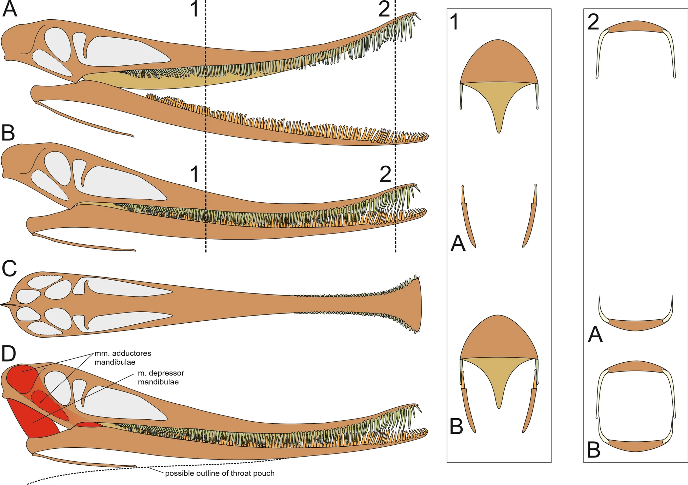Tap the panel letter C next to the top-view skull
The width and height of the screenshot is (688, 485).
pos(9,268)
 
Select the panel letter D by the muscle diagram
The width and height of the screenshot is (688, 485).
pos(9,353)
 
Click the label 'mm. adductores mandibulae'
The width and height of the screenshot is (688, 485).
pos(123,358)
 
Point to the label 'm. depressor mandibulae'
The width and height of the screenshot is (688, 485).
pos(161,377)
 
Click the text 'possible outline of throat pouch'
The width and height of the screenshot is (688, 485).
pos(220,473)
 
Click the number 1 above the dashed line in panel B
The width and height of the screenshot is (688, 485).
pos(194,174)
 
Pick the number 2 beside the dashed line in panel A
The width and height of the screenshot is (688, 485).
pos(384,9)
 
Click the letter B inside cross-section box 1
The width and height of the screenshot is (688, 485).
pos(456,426)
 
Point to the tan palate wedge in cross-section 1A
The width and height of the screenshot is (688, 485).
pos(499,102)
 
